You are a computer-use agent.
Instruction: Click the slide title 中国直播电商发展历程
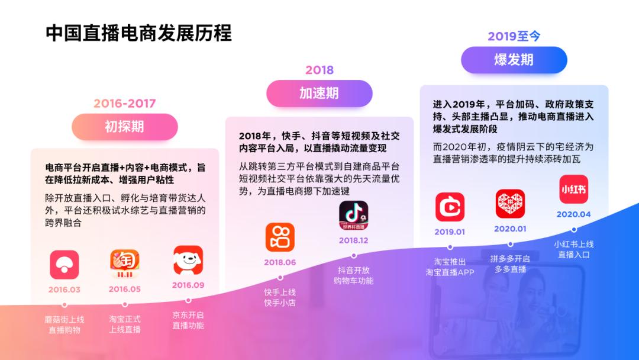click(139, 33)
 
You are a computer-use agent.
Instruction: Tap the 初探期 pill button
click(124, 127)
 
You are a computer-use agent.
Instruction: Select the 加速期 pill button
click(319, 93)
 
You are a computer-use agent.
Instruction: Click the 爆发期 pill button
click(514, 60)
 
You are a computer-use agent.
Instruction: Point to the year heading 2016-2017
click(124, 104)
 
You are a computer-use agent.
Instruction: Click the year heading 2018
click(319, 70)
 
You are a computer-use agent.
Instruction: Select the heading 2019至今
click(514, 37)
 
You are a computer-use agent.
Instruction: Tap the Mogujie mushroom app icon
click(64, 264)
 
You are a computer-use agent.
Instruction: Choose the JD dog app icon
click(188, 261)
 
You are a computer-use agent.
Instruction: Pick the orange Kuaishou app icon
click(280, 237)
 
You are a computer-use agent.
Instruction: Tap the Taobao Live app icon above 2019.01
click(450, 207)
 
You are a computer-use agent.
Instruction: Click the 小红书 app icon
click(573, 190)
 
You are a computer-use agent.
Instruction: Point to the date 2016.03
click(64, 290)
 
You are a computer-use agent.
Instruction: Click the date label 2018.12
click(353, 240)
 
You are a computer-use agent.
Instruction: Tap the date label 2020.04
click(573, 214)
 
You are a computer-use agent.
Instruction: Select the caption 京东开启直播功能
click(188, 320)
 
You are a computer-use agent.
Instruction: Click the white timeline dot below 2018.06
click(280, 277)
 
